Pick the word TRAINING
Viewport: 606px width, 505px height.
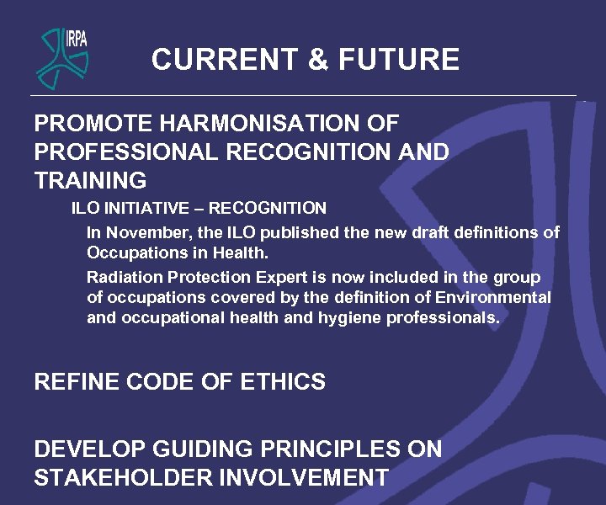tap(90, 180)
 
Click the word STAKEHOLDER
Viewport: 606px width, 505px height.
tap(123, 478)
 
